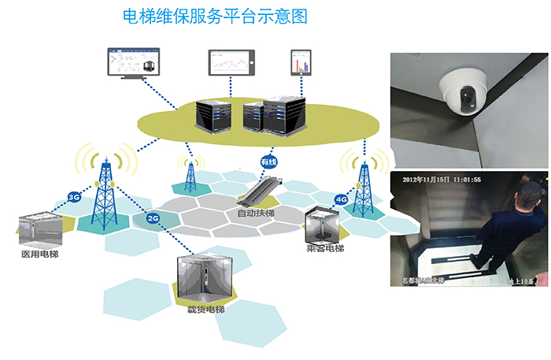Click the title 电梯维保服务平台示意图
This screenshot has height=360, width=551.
point(215,16)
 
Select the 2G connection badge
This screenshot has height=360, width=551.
point(153,217)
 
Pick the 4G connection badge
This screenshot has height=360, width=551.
point(341,199)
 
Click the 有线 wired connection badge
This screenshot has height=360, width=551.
point(269,162)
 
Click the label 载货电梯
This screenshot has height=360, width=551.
point(205,310)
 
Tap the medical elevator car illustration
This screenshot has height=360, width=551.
point(40,228)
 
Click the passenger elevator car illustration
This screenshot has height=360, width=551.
point(324,225)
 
